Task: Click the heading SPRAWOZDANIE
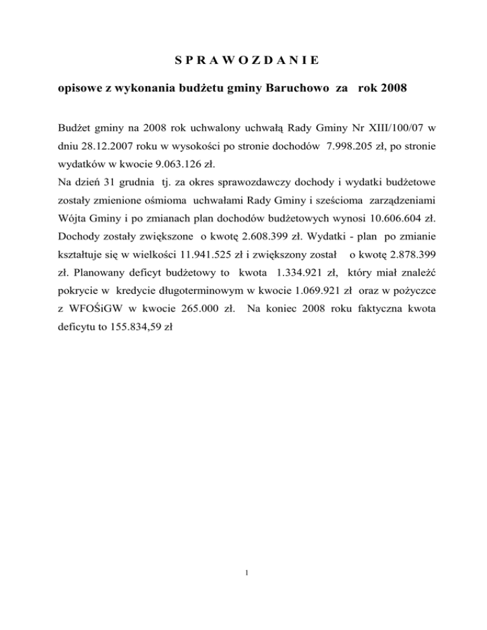[247, 61]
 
